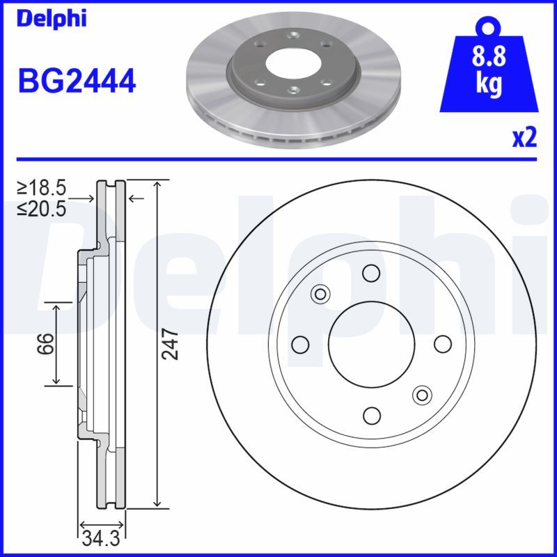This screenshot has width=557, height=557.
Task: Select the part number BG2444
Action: pyautogui.click(x=76, y=82)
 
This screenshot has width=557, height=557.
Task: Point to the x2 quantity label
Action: pyautogui.click(x=524, y=139)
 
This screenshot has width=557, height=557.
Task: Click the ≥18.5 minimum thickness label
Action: pyautogui.click(x=42, y=188)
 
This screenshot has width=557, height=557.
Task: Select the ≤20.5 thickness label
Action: pyautogui.click(x=42, y=207)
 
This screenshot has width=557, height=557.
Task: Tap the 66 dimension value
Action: pyautogui.click(x=45, y=344)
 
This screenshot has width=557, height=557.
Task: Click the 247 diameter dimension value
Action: pyautogui.click(x=171, y=344)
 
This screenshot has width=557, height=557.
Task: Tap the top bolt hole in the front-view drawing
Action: pyautogui.click(x=371, y=272)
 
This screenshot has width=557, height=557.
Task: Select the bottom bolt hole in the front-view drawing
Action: pyautogui.click(x=371, y=416)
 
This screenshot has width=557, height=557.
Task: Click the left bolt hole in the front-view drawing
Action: pyautogui.click(x=300, y=344)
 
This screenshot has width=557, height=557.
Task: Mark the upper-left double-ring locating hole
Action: pyautogui.click(x=320, y=293)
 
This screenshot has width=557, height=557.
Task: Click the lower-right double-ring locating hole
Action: pyautogui.click(x=421, y=395)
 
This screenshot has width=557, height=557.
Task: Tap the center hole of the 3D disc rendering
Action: pyautogui.click(x=292, y=62)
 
